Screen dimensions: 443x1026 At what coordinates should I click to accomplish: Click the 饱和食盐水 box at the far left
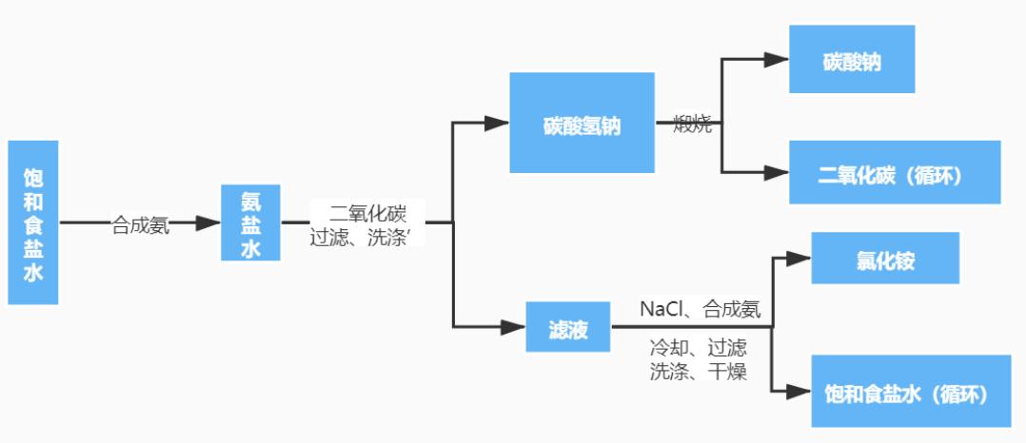(33, 222)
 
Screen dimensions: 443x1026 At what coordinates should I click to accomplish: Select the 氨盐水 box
(250, 222)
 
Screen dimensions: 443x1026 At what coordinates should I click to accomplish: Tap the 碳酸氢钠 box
(582, 124)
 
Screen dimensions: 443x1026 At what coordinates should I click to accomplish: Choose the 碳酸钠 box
(852, 60)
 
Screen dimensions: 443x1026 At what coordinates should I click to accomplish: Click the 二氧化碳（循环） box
(894, 173)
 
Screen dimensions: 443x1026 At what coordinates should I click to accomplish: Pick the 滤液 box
(568, 328)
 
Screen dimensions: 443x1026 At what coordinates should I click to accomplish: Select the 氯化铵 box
(884, 258)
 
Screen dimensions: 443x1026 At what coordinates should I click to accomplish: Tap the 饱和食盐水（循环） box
(910, 391)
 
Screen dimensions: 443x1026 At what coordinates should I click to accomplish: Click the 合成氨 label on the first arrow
(141, 224)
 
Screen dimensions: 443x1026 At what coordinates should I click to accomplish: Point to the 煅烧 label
(692, 124)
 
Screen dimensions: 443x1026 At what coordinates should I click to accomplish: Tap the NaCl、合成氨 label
(700, 309)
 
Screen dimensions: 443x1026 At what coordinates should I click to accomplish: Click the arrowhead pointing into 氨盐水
(208, 223)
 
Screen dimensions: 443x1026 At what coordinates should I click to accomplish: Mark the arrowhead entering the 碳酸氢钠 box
(497, 123)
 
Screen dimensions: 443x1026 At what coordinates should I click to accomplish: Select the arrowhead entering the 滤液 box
(513, 328)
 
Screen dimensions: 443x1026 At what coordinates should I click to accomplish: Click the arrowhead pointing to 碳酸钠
(777, 59)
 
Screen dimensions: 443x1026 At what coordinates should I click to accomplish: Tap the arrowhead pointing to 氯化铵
(799, 258)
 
